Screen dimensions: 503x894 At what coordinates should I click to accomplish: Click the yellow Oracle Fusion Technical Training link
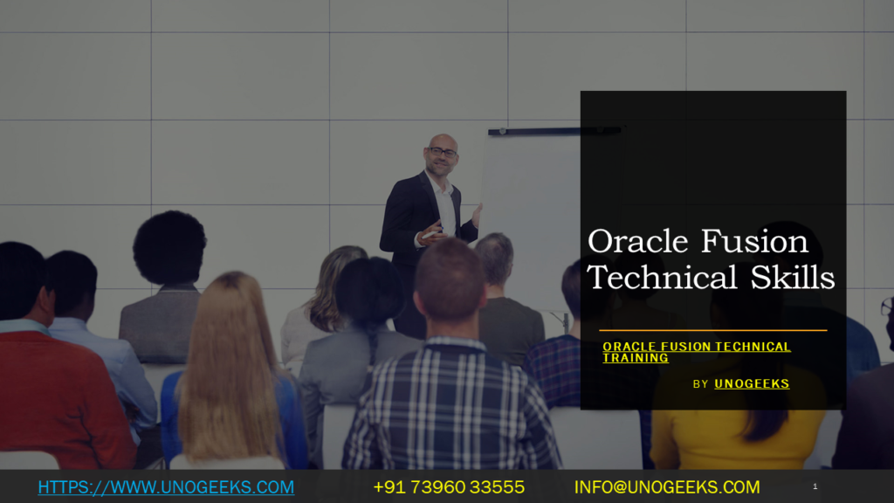pyautogui.click(x=696, y=352)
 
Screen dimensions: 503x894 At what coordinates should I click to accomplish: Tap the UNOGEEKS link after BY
pyautogui.click(x=752, y=383)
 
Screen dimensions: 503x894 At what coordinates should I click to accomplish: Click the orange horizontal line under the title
pyautogui.click(x=712, y=330)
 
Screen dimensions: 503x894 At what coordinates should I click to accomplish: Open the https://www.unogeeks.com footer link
pyautogui.click(x=166, y=487)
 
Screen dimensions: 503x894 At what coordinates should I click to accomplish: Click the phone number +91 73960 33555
pyautogui.click(x=449, y=487)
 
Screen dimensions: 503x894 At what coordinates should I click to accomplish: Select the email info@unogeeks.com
pyautogui.click(x=666, y=487)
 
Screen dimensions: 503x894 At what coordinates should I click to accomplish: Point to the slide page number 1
pyautogui.click(x=815, y=486)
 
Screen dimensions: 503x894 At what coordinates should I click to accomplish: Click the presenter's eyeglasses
pyautogui.click(x=443, y=153)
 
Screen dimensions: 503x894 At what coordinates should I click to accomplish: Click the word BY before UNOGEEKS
pyautogui.click(x=701, y=384)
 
